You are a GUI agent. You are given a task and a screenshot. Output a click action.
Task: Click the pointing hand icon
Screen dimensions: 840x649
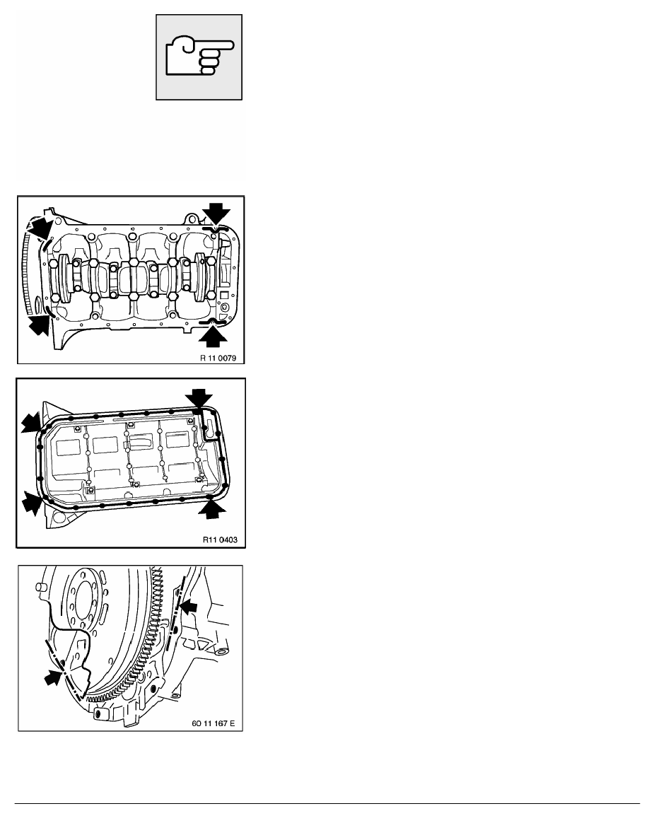199,58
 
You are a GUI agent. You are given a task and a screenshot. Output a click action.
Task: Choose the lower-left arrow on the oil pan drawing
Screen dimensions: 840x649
31,503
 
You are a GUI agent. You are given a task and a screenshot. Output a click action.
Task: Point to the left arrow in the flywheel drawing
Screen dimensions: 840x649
52,677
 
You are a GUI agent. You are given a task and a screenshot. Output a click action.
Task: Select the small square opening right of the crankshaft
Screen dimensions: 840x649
223,293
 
